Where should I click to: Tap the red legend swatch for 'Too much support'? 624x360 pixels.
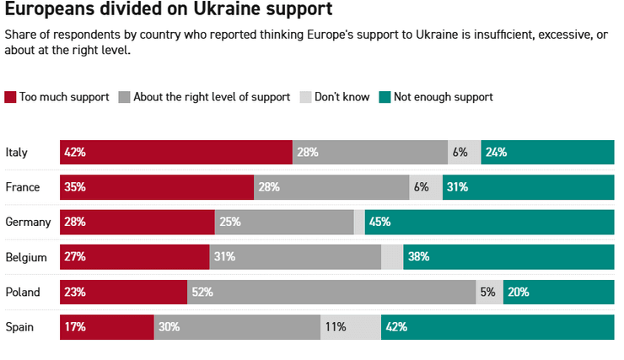(10, 97)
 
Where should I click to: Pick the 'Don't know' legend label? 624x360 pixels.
(342, 97)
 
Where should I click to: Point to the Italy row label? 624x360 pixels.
(17, 153)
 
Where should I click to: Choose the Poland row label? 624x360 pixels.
(23, 292)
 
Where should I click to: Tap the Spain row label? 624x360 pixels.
(19, 326)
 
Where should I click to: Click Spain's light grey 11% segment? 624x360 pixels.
(351, 326)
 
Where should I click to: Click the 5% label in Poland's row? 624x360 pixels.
(487, 292)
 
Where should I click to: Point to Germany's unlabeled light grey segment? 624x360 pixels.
(359, 223)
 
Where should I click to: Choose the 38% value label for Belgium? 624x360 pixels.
(418, 257)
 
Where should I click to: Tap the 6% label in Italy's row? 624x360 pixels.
(460, 153)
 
